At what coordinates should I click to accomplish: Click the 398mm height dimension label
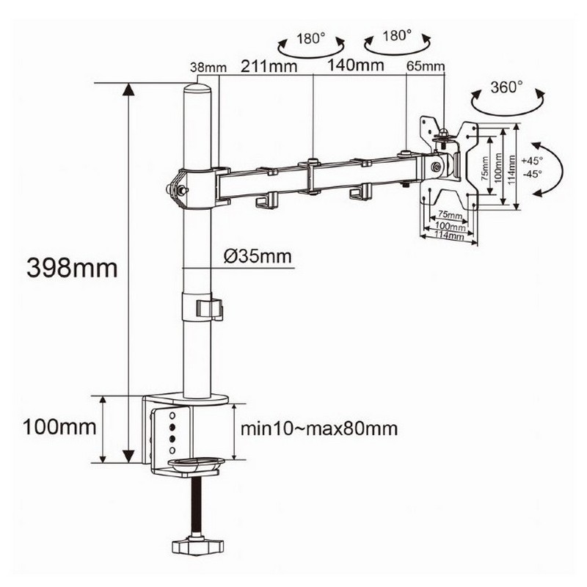[x=72, y=268]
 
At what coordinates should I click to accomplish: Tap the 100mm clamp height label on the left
[x=59, y=427]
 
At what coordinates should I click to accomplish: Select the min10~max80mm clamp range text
[x=319, y=429]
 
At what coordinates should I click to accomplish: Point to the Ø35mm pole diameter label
[x=258, y=256]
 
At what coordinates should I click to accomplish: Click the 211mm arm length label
[x=269, y=66]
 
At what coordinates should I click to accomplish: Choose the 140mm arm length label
[x=356, y=65]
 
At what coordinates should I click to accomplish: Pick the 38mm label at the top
[x=208, y=68]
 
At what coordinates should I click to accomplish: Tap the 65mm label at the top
[x=426, y=66]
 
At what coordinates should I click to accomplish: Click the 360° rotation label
[x=506, y=87]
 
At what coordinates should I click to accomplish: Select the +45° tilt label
[x=532, y=161]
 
